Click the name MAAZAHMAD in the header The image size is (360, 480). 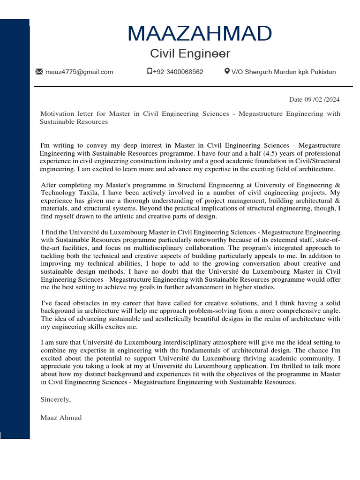click(199, 34)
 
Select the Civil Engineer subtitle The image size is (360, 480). click(190, 53)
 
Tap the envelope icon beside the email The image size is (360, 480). click(39, 72)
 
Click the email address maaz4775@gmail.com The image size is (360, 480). click(79, 72)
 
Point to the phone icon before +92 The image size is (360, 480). click(149, 72)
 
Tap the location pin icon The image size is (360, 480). click(227, 72)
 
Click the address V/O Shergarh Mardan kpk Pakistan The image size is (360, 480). click(284, 72)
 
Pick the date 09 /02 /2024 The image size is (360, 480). click(322, 99)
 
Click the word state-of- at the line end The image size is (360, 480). click(326, 240)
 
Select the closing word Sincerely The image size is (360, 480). click(55, 399)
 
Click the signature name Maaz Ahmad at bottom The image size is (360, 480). click(61, 418)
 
